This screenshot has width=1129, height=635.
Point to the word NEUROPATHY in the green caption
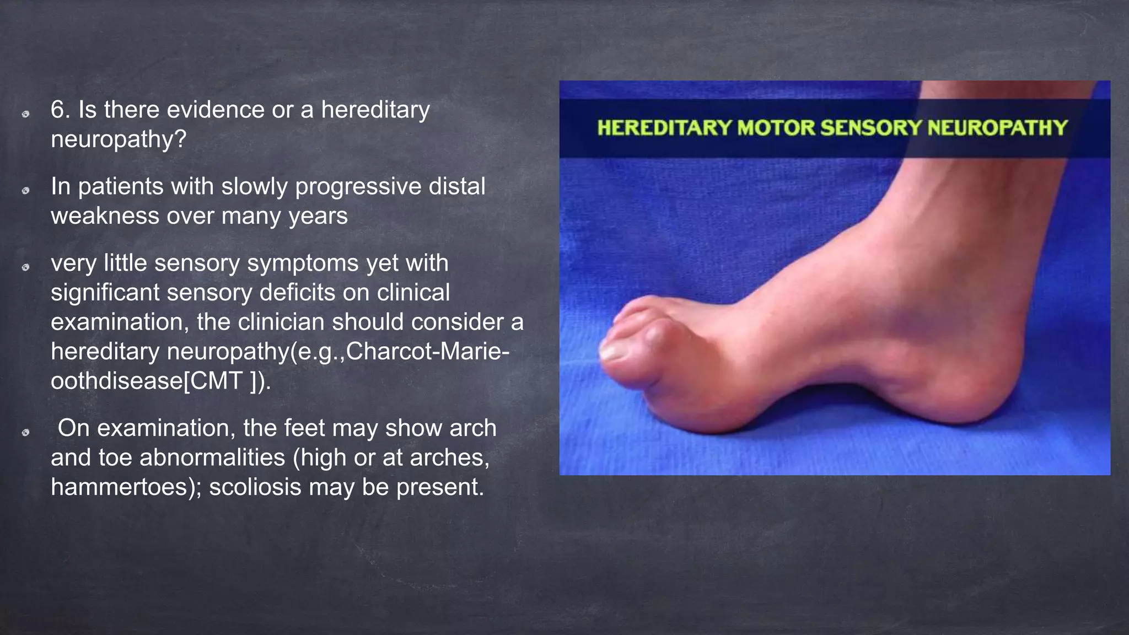click(998, 128)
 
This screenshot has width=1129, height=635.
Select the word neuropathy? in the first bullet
click(119, 139)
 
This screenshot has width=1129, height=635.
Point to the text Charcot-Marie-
click(427, 351)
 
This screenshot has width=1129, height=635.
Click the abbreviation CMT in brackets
click(216, 380)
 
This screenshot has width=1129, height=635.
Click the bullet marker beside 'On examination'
click(25, 432)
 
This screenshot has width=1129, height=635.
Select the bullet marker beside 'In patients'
click(25, 191)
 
